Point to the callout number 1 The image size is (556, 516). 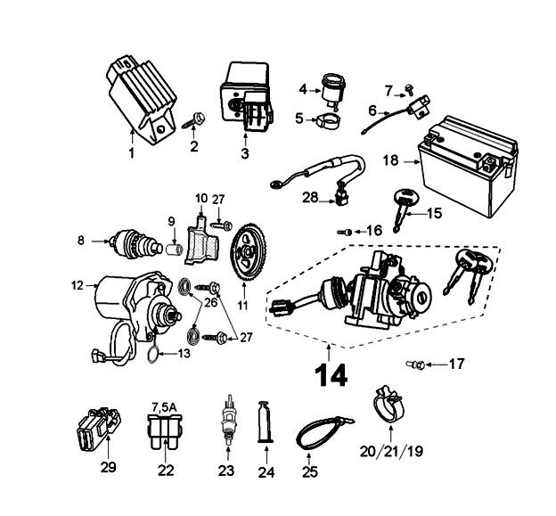click(130, 152)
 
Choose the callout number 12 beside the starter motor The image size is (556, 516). click(76, 285)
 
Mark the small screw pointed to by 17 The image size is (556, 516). click(413, 363)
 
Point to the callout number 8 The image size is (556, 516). click(81, 239)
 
